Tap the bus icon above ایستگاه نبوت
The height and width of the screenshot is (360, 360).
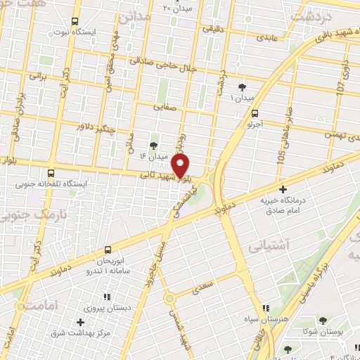76,21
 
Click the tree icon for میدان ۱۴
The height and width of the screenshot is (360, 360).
154,144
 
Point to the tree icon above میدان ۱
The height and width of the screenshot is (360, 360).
243,86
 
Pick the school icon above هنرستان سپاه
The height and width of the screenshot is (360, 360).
264,308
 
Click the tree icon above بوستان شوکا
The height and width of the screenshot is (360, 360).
323,320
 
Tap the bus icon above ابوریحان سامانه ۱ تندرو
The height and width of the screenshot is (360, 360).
108,250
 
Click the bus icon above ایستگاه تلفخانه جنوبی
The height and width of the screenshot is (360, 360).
51,172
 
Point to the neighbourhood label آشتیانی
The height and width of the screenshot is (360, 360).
266,246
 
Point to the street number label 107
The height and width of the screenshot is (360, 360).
340,86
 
